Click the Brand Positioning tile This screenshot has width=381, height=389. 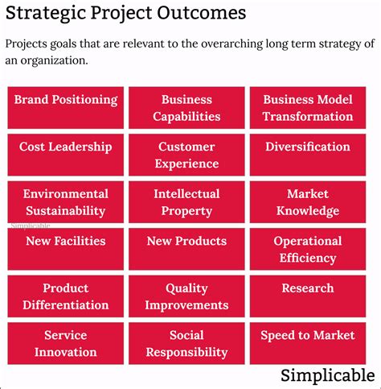pyautogui.click(x=65, y=108)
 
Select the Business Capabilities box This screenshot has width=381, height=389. pyautogui.click(x=186, y=108)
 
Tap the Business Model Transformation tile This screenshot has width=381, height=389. pyautogui.click(x=307, y=108)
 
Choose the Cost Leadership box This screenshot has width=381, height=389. pyautogui.click(x=65, y=155)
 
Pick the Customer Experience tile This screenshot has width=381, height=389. pyautogui.click(x=186, y=155)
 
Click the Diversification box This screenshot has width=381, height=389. pyautogui.click(x=307, y=155)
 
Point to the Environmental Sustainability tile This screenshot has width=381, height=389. pyautogui.click(x=65, y=202)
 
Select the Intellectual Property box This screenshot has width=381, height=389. pyautogui.click(x=186, y=202)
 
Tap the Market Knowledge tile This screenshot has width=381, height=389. pyautogui.click(x=307, y=202)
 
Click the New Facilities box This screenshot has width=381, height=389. pyautogui.click(x=65, y=249)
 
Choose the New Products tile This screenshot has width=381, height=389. pyautogui.click(x=186, y=249)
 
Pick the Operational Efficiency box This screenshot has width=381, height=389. pyautogui.click(x=307, y=249)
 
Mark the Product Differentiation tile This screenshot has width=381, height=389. pyautogui.click(x=65, y=296)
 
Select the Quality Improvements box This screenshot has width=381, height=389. pyautogui.click(x=186, y=296)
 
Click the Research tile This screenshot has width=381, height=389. pyautogui.click(x=307, y=296)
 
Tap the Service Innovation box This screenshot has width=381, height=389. pyautogui.click(x=65, y=343)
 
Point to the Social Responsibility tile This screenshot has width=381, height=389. pyautogui.click(x=186, y=343)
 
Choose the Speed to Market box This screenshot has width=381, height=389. pyautogui.click(x=307, y=343)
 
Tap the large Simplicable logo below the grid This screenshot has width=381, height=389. pyautogui.click(x=327, y=375)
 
